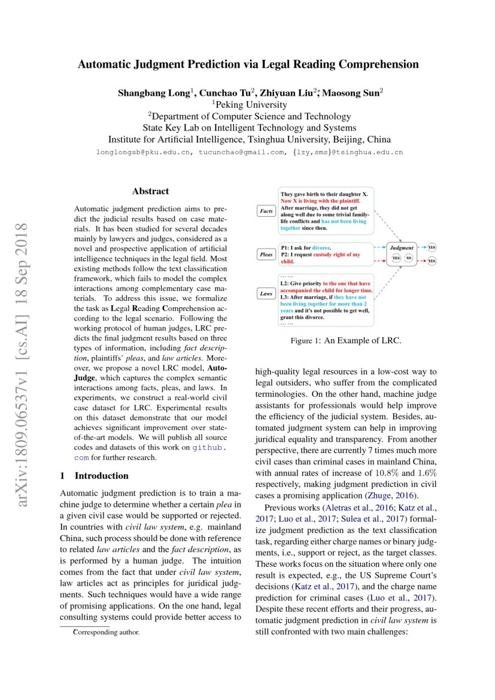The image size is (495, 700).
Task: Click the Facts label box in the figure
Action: [x=265, y=211]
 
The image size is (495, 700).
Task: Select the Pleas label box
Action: [x=265, y=254]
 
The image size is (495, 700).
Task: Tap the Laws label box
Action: [x=265, y=293]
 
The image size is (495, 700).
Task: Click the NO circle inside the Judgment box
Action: [x=409, y=258]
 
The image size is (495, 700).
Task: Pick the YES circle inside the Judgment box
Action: [x=396, y=258]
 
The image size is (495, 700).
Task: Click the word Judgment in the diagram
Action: [x=402, y=247]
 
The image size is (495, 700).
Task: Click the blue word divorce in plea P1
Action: [x=320, y=247]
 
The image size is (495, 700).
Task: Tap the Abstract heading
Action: [x=150, y=192]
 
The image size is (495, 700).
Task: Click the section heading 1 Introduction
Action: [x=95, y=475]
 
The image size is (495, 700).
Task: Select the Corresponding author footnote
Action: [x=106, y=632]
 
